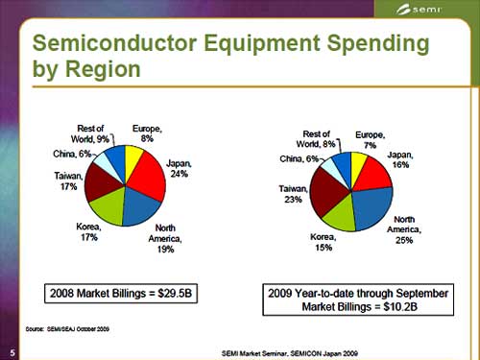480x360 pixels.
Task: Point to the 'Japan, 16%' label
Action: (400, 159)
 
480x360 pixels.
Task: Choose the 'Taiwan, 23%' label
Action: (294, 196)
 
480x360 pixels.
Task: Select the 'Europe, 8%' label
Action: (147, 133)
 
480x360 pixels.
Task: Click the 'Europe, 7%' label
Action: (371, 139)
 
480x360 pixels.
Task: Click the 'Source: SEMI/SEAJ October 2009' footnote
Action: (77, 328)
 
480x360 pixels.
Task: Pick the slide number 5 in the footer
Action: (8, 351)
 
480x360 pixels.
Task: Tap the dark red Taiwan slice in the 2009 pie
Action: (328, 193)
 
